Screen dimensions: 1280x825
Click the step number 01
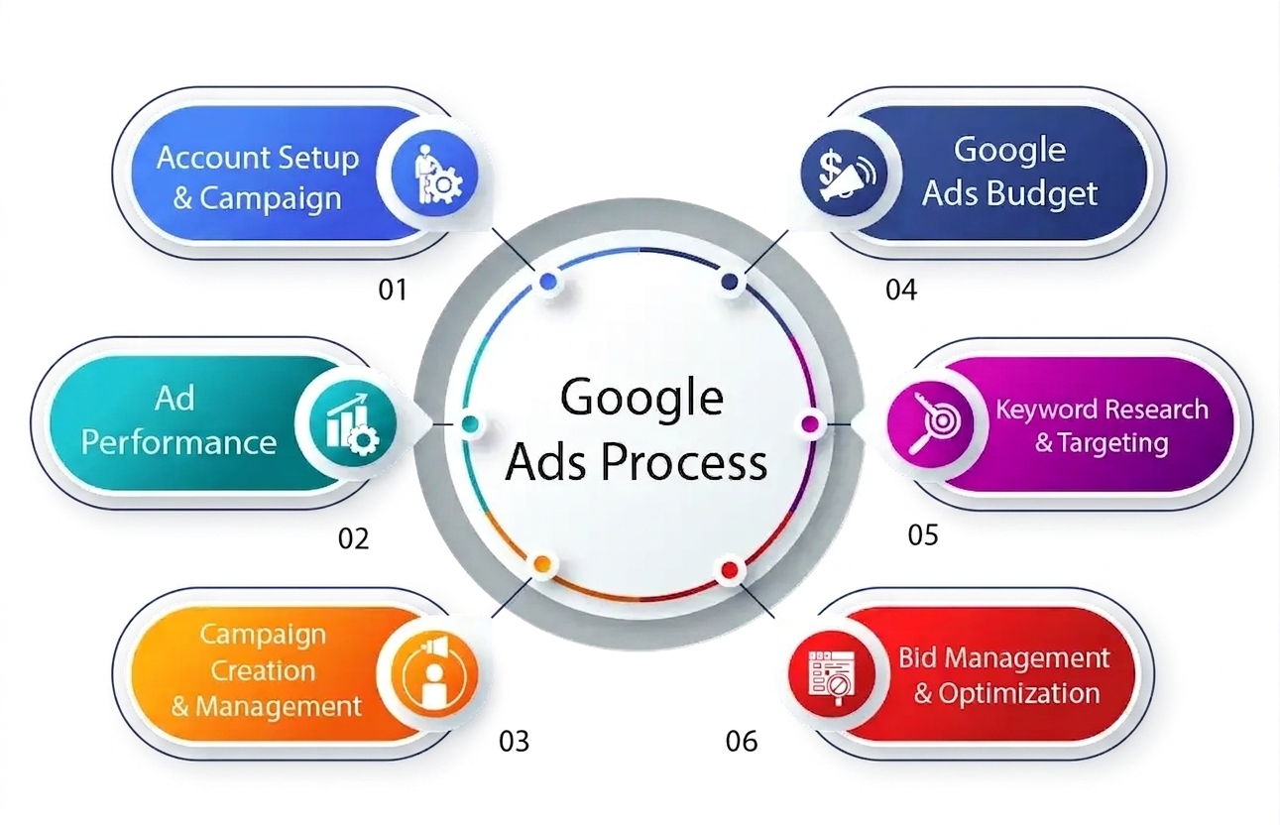coord(393,290)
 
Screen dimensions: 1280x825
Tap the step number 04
coord(901,290)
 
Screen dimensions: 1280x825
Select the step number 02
coord(353,538)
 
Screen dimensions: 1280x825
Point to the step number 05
coord(923,534)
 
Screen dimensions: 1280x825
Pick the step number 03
coord(515,741)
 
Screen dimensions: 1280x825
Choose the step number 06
coord(742,741)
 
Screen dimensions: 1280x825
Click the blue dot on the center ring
coord(548,281)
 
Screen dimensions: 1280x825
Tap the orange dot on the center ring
coord(542,564)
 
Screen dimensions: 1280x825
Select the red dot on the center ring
coord(730,569)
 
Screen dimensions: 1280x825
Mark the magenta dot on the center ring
coord(810,424)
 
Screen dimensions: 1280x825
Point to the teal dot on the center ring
coord(470,424)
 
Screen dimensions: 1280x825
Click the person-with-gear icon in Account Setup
coord(435,175)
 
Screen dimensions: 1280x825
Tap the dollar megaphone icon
coord(845,174)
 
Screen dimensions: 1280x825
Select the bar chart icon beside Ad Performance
coord(353,424)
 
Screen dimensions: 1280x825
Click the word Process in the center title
coord(684,463)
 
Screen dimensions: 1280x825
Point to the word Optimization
coord(1019,693)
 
